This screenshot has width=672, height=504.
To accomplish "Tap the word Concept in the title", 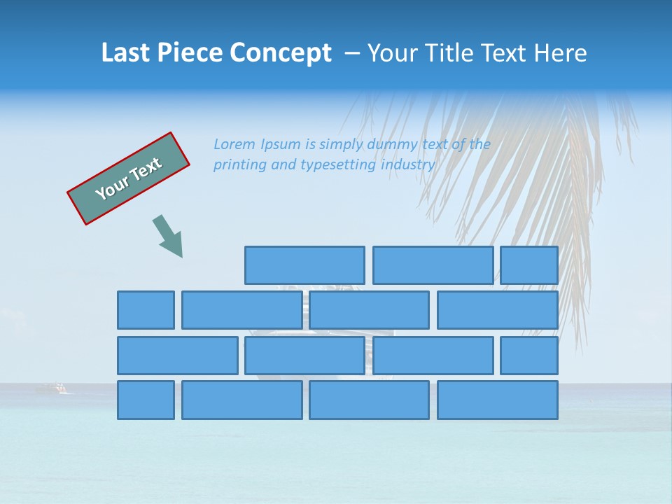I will pos(281,54).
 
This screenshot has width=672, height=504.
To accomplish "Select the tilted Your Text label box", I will pos(129,178).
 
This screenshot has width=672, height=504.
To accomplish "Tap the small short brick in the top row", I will pos(529,265).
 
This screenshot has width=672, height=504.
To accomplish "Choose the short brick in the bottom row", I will pos(146,400).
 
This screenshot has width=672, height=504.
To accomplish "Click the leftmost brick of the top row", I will pos(304,265).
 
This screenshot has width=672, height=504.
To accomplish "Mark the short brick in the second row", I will pos(146,310).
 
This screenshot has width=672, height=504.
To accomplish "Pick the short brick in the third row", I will pos(529,356).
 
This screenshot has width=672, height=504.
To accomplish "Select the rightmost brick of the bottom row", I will pos(498,400).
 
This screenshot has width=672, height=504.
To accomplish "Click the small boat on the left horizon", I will pos(55,388).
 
